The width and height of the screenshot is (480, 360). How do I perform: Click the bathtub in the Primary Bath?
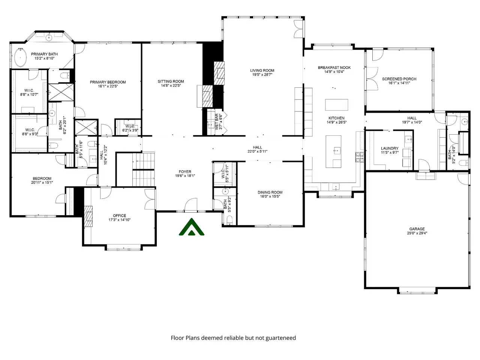pos(21,57)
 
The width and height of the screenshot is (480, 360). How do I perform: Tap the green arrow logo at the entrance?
pos(191,227)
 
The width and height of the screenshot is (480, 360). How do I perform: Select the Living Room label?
pos(262,70)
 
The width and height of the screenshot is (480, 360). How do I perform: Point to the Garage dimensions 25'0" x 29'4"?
pos(417,233)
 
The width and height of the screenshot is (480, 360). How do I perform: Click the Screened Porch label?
pos(399,79)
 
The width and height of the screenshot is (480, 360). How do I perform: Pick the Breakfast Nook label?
pos(334,67)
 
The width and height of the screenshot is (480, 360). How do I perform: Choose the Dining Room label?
pos(270,192)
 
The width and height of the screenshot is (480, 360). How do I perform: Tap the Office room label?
pos(119,216)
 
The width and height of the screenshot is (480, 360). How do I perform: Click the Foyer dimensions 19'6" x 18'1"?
pos(185,176)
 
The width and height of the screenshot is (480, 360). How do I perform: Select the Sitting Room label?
pos(171,81)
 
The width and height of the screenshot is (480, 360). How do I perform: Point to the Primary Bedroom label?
pos(108,82)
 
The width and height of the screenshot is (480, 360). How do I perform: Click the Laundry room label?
pos(390,148)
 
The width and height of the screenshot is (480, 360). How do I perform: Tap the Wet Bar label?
pos(217,122)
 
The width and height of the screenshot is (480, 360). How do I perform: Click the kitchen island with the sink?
pos(333,152)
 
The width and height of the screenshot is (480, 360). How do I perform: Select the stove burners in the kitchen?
pos(360,157)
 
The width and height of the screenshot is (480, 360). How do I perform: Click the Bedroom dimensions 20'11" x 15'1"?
pos(42,183)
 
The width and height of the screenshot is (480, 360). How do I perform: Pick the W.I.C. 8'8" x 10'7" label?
pos(29,93)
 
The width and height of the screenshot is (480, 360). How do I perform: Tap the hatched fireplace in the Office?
pos(88,217)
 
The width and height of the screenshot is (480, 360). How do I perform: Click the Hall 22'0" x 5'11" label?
pos(257,149)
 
